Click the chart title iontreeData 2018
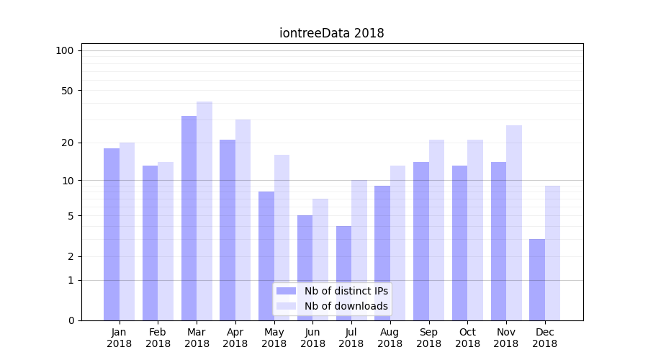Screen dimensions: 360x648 coord(331,33)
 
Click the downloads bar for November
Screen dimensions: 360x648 coord(514,222)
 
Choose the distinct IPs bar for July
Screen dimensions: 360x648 coord(343,273)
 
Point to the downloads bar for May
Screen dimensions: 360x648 coord(282,237)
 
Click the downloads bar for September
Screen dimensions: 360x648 coord(436,230)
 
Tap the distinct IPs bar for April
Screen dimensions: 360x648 coord(228,230)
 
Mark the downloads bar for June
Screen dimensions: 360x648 coord(320,259)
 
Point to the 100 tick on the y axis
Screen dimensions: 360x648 coord(65,50)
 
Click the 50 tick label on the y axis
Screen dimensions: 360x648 coord(68,91)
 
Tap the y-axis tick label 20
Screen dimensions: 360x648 coord(68,143)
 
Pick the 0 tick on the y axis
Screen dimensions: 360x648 coord(71,320)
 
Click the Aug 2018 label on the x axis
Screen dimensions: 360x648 coord(390,338)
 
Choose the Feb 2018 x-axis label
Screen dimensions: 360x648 coord(158,338)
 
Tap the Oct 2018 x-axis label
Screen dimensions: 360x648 coord(467,338)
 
